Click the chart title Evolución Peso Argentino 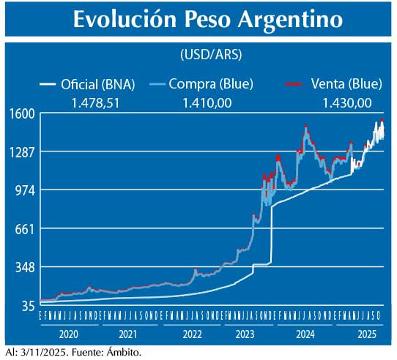point(208,20)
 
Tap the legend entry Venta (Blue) point(330,84)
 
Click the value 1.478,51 point(95,103)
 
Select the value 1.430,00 point(346,103)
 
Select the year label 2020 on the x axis point(68,334)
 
